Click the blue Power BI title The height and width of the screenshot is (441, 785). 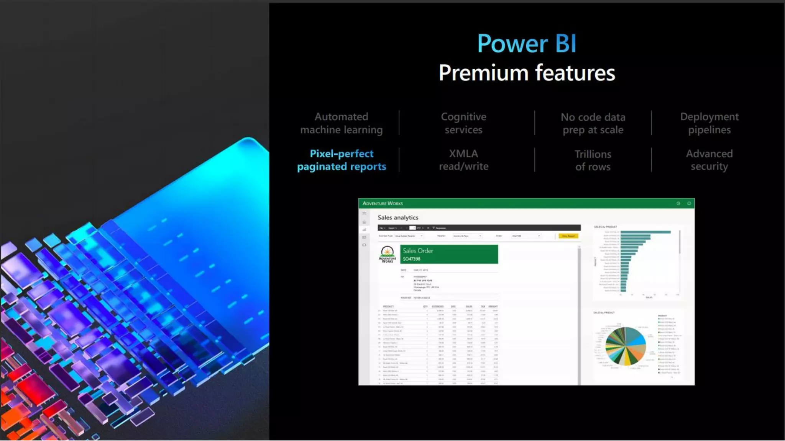click(x=526, y=43)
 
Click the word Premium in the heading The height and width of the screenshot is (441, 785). click(x=483, y=73)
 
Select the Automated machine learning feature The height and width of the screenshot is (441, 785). click(x=341, y=123)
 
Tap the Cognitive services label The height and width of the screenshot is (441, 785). click(x=463, y=123)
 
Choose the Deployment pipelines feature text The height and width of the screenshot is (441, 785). click(x=709, y=123)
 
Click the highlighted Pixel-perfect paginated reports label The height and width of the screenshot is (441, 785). click(x=342, y=160)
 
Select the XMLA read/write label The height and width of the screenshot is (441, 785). click(x=463, y=160)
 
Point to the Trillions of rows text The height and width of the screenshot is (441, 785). click(x=593, y=160)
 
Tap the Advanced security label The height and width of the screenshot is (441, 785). click(x=709, y=160)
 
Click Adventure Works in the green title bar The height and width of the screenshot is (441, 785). click(x=383, y=203)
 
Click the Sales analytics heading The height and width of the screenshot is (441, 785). click(x=398, y=217)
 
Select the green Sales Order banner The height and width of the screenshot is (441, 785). click(x=449, y=254)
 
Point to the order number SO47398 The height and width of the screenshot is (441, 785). click(x=411, y=259)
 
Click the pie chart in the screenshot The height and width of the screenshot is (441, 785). click(x=625, y=346)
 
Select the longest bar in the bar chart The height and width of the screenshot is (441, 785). click(x=645, y=232)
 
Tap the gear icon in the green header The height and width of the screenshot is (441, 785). click(x=678, y=203)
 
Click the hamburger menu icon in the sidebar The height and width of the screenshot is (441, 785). click(x=364, y=213)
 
